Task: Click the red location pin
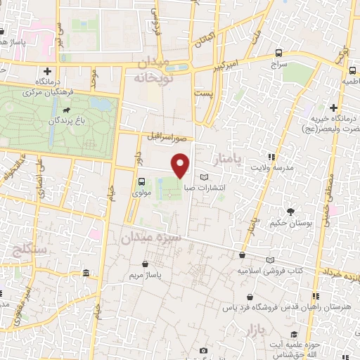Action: pos(181,165)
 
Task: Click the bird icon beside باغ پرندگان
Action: pos(66,110)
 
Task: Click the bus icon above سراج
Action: pos(279,53)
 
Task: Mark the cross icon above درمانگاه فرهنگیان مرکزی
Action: pos(47,71)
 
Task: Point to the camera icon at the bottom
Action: pos(203,350)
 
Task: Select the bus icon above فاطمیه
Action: pos(351,70)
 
